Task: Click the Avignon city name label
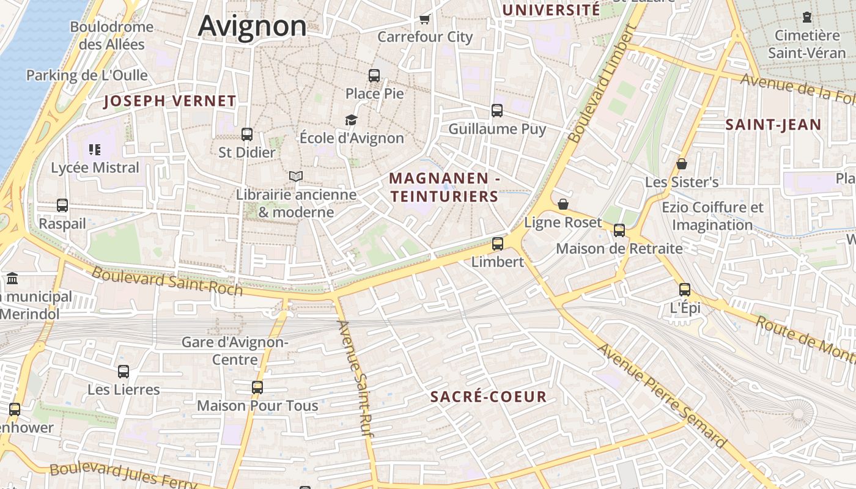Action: [x=252, y=26]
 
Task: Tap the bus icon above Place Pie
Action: [x=374, y=76]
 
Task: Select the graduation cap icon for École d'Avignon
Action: [x=351, y=120]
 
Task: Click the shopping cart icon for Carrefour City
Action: [x=425, y=19]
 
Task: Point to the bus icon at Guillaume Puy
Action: [x=497, y=111]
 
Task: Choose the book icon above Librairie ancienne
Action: [x=296, y=176]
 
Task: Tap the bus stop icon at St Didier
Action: [x=247, y=134]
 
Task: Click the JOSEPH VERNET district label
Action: [x=170, y=101]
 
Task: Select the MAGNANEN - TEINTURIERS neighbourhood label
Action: [x=445, y=187]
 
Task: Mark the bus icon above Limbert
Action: [x=498, y=243]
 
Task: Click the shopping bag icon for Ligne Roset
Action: [x=563, y=204]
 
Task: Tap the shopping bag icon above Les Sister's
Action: [x=682, y=164]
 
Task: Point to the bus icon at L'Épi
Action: [x=685, y=290]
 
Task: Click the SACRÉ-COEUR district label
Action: [x=488, y=397]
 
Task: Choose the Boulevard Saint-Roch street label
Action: [x=167, y=281]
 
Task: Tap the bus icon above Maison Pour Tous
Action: [x=257, y=387]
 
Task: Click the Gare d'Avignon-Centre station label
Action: [x=235, y=350]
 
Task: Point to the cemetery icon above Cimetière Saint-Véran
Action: [x=807, y=17]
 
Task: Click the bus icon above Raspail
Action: [x=62, y=205]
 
